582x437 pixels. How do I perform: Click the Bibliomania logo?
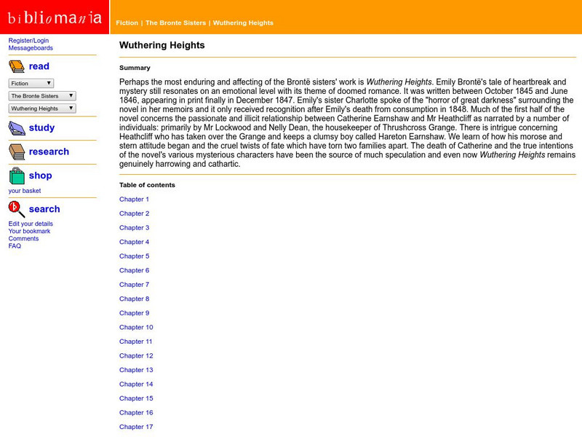[x=55, y=17]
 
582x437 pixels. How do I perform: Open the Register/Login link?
[x=28, y=41]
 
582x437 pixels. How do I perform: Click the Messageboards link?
[x=31, y=48]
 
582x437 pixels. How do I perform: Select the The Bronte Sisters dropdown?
[x=42, y=95]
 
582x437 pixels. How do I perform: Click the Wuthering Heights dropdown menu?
[x=42, y=109]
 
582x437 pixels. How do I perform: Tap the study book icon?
[x=17, y=128]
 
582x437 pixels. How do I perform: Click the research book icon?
[x=17, y=151]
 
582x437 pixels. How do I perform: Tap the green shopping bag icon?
[x=17, y=176]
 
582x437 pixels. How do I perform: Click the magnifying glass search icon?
[x=17, y=210]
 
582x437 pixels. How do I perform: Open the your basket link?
[x=25, y=191]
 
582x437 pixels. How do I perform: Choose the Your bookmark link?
[x=29, y=231]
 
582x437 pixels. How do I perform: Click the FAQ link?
[x=15, y=246]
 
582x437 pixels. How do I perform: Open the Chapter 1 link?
[x=134, y=200]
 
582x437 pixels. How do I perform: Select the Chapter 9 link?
[x=134, y=313]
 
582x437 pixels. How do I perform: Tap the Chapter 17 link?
[x=136, y=427]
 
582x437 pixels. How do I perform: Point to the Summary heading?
[x=135, y=68]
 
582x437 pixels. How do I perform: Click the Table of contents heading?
[x=147, y=185]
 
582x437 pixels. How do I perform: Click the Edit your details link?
[x=31, y=224]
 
